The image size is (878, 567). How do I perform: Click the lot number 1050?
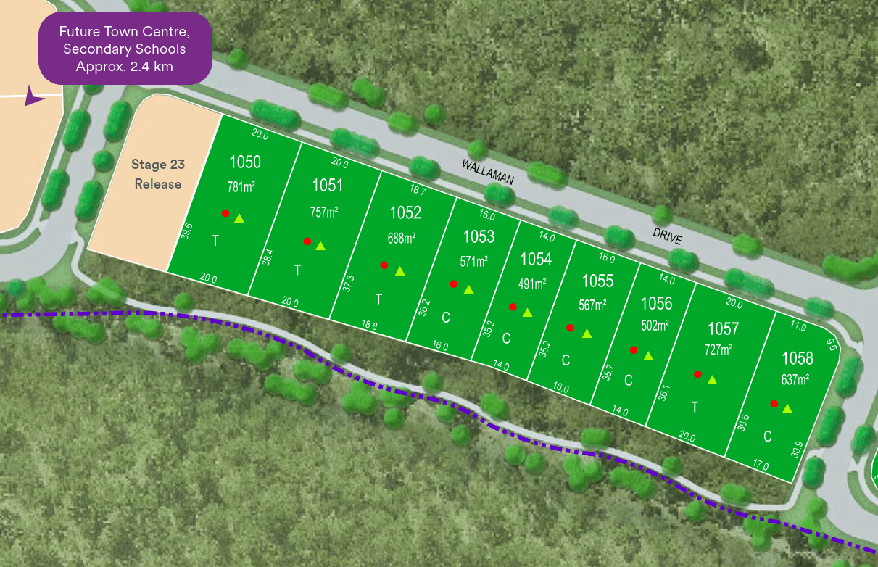[245, 161]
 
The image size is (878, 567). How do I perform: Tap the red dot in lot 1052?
[384, 265]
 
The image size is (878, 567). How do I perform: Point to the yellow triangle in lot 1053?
[469, 290]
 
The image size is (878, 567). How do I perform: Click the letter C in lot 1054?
[507, 338]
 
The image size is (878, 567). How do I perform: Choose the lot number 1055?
[597, 281]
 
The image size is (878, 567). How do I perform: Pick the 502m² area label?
[655, 326]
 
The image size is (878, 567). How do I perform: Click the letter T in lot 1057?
[695, 407]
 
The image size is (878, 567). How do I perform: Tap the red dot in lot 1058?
[774, 404]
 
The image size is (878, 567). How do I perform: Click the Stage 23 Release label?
[158, 174]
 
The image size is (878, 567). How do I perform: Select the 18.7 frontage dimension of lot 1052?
[418, 189]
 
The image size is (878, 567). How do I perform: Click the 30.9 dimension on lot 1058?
[797, 450]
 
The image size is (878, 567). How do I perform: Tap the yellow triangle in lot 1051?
[320, 246]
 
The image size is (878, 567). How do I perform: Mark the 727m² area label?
[718, 349]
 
